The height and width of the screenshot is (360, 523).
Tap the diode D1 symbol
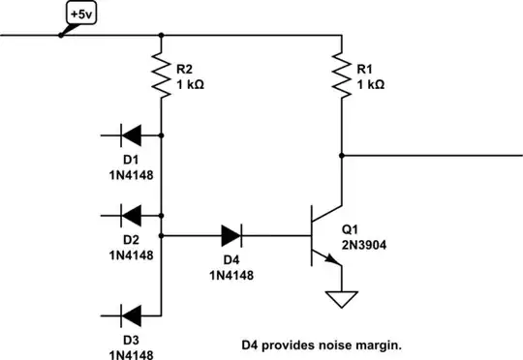(132, 136)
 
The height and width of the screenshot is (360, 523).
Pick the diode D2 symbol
(132, 212)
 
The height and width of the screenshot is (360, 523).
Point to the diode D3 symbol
(132, 315)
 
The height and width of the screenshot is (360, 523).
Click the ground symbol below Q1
(341, 301)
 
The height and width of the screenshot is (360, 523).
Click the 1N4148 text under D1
(132, 177)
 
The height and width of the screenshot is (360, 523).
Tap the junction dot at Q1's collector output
(341, 154)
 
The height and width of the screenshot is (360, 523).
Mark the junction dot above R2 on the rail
(161, 36)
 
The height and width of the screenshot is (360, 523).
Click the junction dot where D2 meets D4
(161, 234)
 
